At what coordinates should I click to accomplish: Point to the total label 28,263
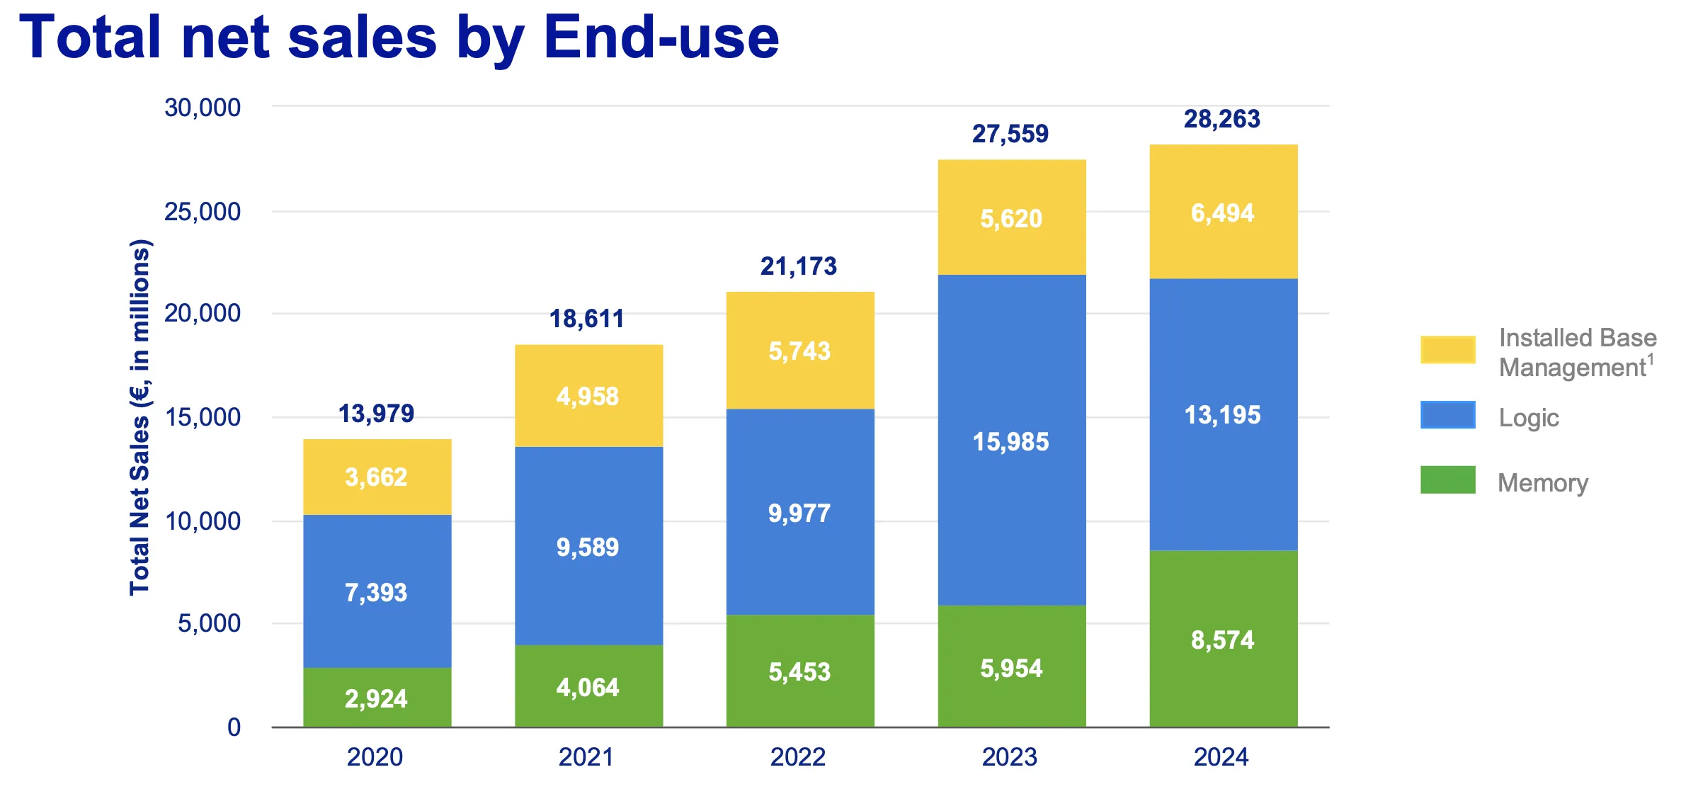(1222, 119)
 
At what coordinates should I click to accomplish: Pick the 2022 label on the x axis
(798, 757)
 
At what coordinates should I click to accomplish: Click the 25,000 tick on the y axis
(203, 211)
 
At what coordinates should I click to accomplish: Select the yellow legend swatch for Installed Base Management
(1447, 350)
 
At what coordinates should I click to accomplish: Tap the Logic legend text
(1529, 418)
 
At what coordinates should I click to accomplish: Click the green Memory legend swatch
(1447, 480)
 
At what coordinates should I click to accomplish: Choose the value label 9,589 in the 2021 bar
(587, 547)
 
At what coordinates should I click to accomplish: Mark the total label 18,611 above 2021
(587, 319)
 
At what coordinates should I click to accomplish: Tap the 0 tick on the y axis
(234, 727)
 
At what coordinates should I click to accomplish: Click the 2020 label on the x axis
(375, 757)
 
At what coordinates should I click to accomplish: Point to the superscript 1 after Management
(1651, 360)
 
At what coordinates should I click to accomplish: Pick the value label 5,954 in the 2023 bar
(1011, 669)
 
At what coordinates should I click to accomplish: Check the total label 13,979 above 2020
(376, 414)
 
